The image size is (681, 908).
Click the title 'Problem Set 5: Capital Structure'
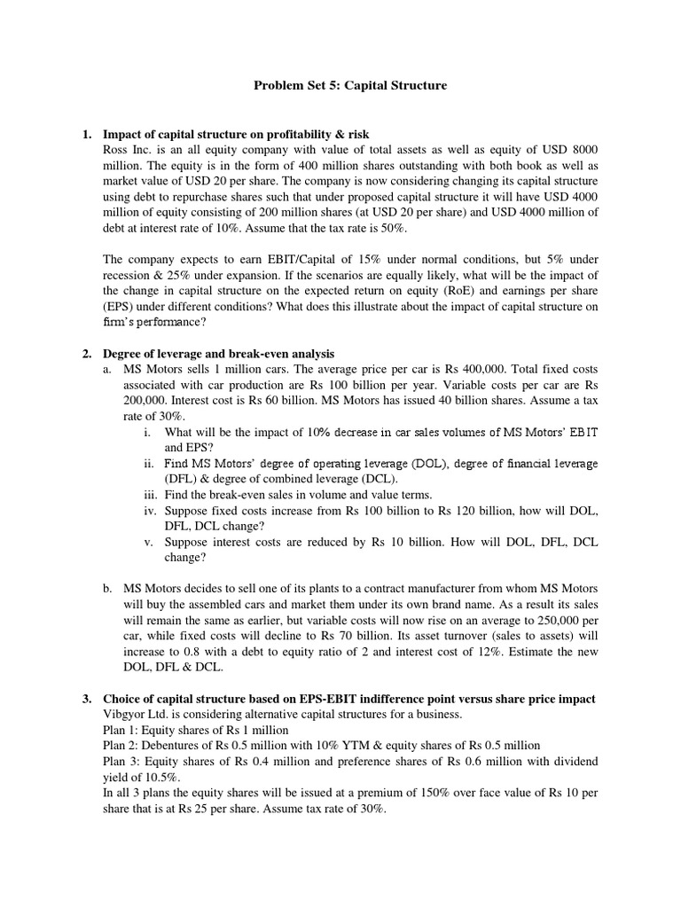350,86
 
